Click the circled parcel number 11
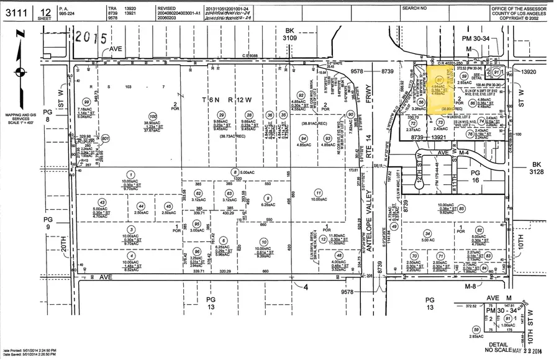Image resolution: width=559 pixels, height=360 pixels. tap(319, 192)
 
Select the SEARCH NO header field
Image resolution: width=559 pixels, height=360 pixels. tap(415, 8)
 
